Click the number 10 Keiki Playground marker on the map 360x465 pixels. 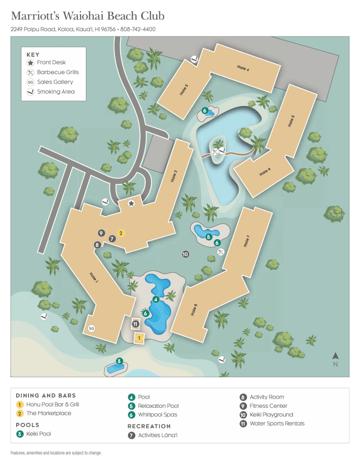185,254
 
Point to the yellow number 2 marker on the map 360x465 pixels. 121,233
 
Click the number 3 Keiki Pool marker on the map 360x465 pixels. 119,361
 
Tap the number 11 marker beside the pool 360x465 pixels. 135,324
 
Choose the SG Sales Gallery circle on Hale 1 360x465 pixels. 91,328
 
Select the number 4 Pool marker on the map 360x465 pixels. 156,299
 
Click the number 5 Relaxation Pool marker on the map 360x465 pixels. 209,237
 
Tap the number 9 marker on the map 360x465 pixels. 101,233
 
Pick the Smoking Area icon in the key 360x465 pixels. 30,92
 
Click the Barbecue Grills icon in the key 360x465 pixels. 30,72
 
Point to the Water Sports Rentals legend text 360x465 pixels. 277,424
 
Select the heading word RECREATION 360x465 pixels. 149,426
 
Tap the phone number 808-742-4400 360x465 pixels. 139,29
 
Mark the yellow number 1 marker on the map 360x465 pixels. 139,338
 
